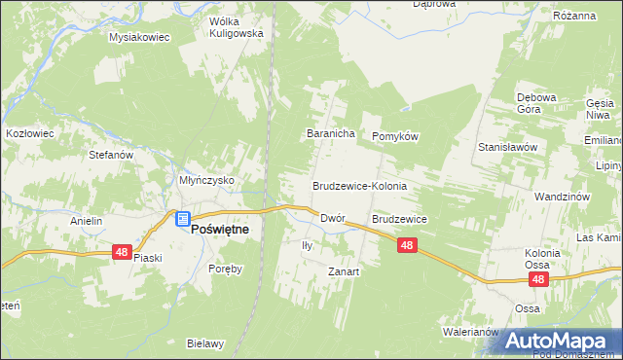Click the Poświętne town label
point(219,228)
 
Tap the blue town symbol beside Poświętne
point(183,220)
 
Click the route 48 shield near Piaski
point(122,251)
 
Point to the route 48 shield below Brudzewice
point(407,247)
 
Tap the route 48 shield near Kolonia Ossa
point(539,279)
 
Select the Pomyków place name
point(394,137)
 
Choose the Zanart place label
point(344,272)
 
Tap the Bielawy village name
point(205,343)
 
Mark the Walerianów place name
point(472,332)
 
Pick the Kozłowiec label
point(28,131)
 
